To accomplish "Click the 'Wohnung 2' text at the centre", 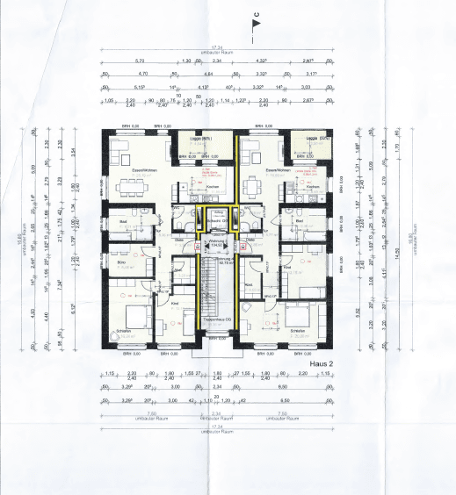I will [x=215, y=240].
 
